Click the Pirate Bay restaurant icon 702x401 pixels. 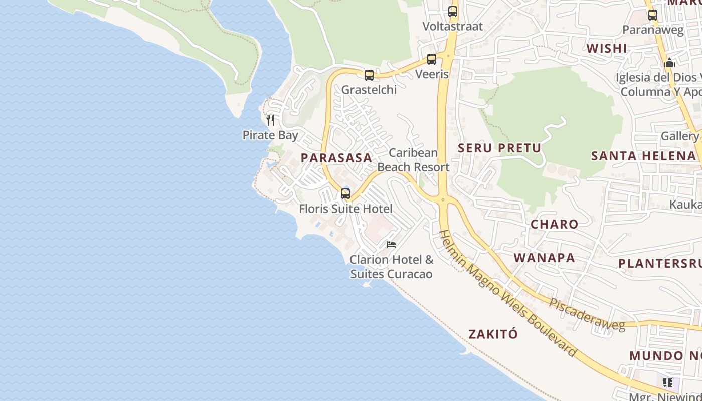point(270,120)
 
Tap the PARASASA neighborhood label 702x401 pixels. point(336,158)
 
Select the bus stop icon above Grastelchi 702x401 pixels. point(369,75)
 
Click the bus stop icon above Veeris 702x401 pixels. point(432,59)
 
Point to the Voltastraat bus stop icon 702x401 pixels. point(453,11)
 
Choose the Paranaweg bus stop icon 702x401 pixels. point(652,15)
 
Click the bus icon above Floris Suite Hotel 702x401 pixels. point(345,194)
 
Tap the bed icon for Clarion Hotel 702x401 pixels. point(391,245)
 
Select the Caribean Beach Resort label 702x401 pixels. point(413,160)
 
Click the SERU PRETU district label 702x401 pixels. point(499,148)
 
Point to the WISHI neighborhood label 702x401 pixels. point(607,48)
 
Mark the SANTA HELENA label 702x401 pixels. point(643,156)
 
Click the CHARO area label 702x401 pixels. point(554,224)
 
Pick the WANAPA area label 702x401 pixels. point(544,258)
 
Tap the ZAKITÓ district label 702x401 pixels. point(493,334)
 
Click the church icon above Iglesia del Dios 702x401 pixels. point(669,63)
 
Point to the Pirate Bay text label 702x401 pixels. point(270,135)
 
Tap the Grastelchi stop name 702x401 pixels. point(369,90)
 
